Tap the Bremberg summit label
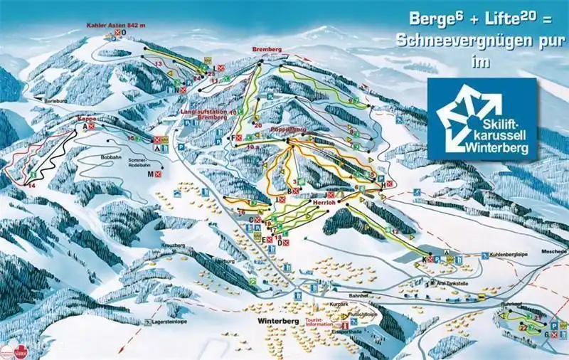tap(267, 49)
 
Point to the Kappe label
tap(87, 120)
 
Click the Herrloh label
tap(324, 202)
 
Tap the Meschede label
tap(554, 251)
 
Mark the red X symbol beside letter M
tap(160, 174)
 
